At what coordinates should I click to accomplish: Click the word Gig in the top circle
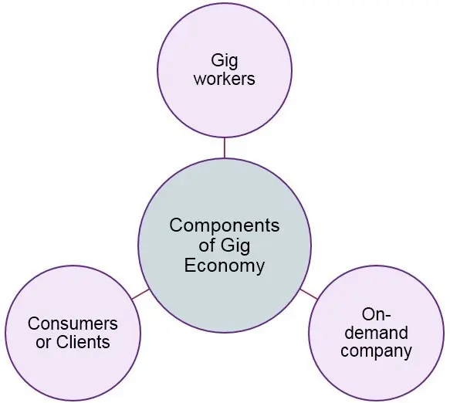(x=225, y=62)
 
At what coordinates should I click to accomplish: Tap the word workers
(x=225, y=79)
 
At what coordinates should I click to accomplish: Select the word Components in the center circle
(x=225, y=226)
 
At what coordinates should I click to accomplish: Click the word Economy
(x=225, y=266)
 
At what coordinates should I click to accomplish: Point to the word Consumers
(x=73, y=323)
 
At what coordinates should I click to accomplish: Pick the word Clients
(x=83, y=342)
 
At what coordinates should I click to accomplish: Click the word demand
(x=376, y=333)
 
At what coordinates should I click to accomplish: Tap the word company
(x=376, y=351)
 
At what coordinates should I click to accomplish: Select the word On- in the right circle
(x=376, y=314)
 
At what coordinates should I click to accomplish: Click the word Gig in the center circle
(x=235, y=246)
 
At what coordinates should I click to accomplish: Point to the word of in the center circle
(x=207, y=246)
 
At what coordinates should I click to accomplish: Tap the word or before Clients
(x=44, y=343)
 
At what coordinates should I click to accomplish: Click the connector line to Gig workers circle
(x=225, y=147)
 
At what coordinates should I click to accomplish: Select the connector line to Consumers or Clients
(x=140, y=294)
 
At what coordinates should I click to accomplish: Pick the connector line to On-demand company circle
(x=309, y=294)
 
